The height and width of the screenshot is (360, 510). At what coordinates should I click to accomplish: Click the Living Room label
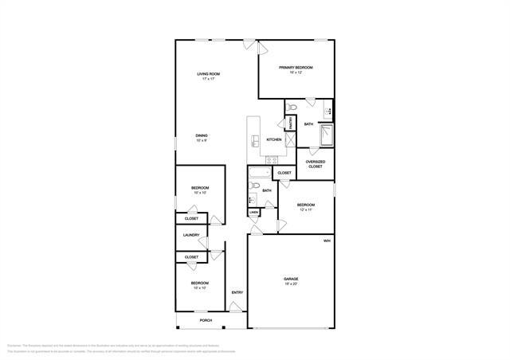210,74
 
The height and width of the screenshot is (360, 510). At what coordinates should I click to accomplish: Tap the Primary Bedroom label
295,68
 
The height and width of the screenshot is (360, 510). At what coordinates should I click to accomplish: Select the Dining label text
202,135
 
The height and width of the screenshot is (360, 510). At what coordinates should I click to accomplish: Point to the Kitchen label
273,139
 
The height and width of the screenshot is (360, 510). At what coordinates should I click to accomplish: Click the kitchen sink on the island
255,141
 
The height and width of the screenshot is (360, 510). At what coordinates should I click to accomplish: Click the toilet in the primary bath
292,105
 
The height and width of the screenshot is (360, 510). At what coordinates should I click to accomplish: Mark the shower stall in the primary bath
327,136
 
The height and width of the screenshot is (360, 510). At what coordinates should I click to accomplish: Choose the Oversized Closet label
315,163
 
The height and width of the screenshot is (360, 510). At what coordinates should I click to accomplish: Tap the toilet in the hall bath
253,187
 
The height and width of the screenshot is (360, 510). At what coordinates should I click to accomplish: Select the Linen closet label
253,213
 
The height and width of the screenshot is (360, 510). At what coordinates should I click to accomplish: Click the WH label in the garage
327,241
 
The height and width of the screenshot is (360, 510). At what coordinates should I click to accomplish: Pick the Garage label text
291,279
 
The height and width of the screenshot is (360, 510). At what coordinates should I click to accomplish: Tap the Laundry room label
191,235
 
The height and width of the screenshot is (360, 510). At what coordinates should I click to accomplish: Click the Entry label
237,292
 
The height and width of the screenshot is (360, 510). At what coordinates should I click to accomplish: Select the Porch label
194,320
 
